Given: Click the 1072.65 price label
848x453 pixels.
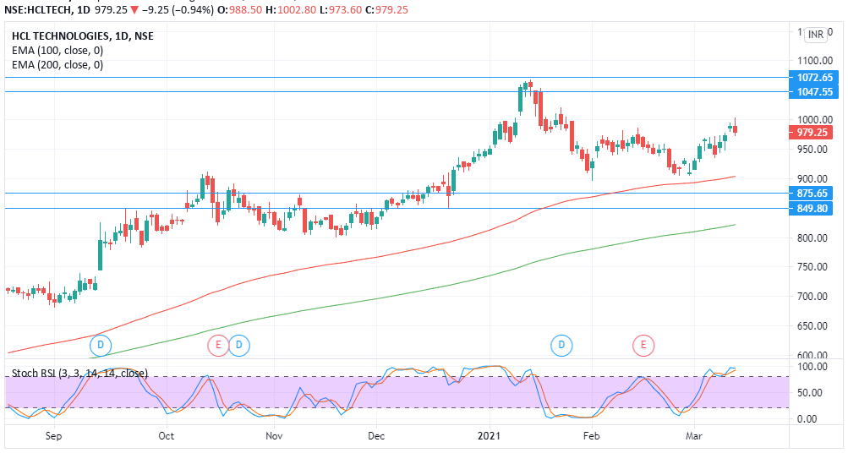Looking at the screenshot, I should coord(815,77).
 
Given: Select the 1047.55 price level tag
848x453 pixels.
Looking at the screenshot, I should coord(815,91).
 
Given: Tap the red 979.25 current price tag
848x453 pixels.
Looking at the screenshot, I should coord(815,132).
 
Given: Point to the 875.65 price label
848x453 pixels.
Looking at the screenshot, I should coord(815,194).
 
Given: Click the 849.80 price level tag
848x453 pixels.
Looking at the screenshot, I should coord(815,208).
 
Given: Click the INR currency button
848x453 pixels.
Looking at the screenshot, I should coord(815,35).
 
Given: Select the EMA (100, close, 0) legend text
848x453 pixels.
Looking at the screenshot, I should coord(57,51).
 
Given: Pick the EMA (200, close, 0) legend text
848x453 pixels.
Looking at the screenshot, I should coord(57,65).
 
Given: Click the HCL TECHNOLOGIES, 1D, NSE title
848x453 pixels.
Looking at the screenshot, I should coord(83,36).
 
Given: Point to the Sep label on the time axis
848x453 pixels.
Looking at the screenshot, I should coord(53,436).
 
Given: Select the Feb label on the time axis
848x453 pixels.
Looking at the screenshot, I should coord(591,436).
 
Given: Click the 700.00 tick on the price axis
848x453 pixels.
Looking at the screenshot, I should coord(812,297).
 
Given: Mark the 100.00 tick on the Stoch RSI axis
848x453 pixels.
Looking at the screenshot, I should coord(812,367).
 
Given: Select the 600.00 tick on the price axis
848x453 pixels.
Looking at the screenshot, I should coord(812,356).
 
